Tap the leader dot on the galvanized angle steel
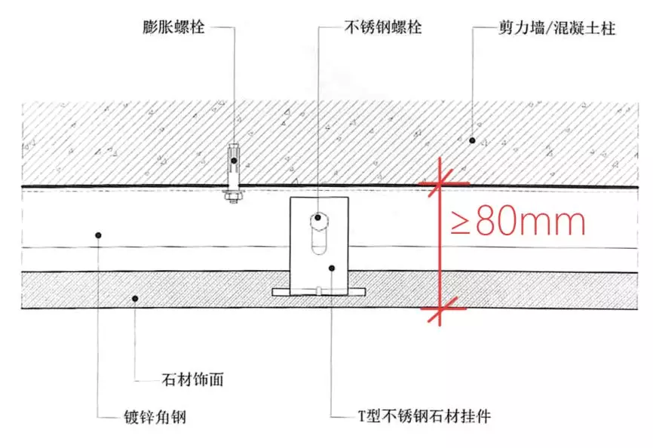coord(99,235)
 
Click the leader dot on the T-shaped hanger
coord(333,268)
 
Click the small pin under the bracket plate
coord(320,288)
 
